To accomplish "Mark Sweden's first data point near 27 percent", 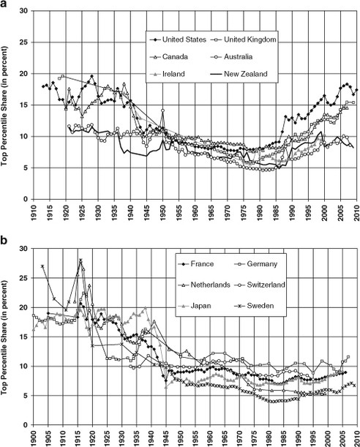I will point(42,266).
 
